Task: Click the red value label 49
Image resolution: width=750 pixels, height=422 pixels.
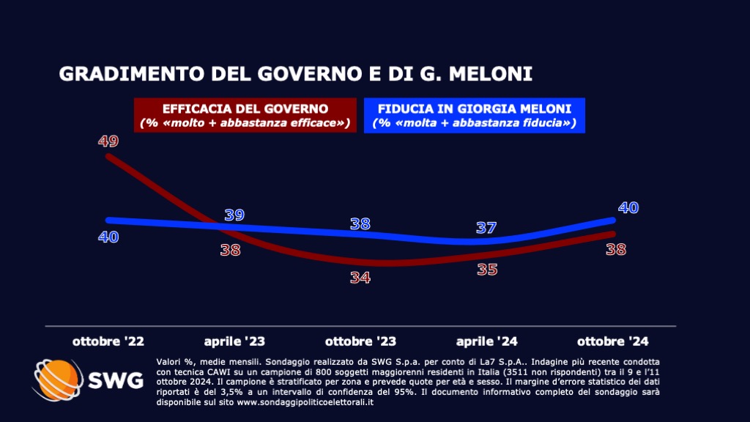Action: [x=108, y=141]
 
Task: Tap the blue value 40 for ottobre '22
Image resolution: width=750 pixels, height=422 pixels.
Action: [x=108, y=237]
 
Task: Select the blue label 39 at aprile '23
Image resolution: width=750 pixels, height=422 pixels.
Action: [x=234, y=215]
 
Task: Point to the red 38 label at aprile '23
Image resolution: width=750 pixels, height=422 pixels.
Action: [x=231, y=250]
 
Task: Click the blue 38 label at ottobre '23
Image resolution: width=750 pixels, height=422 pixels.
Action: [x=360, y=223]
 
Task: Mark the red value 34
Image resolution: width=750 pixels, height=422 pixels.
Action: [x=360, y=278]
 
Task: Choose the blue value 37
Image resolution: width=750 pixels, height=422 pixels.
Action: [x=486, y=228]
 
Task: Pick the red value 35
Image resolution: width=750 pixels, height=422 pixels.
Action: [x=486, y=269]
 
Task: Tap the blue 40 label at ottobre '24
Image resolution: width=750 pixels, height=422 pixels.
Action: [x=628, y=207]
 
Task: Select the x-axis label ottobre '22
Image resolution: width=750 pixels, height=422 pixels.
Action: [x=108, y=341]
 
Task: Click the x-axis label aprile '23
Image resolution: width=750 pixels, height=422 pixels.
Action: [x=234, y=341]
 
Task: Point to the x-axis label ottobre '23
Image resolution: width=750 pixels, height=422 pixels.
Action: [x=360, y=341]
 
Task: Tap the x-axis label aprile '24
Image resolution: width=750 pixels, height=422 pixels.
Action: [x=486, y=341]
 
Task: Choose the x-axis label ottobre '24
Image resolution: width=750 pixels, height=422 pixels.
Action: [x=613, y=341]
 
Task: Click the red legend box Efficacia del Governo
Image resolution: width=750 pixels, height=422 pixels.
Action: [x=246, y=116]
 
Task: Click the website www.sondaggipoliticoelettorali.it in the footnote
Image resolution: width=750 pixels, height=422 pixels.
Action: [x=303, y=402]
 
